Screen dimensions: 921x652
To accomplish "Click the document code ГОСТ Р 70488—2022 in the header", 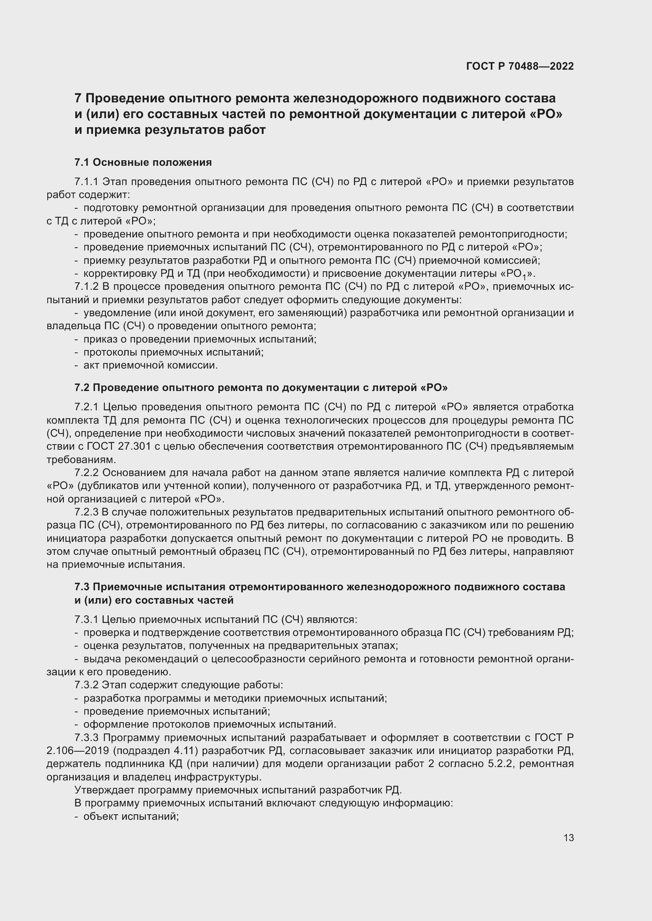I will [x=520, y=67].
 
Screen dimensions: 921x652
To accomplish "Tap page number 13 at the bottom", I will [x=568, y=838].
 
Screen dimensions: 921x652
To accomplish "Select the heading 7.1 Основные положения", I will [x=143, y=163].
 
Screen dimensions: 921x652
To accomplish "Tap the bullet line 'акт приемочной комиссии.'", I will [x=150, y=365].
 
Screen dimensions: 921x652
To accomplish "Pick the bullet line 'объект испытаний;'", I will [x=130, y=816].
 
